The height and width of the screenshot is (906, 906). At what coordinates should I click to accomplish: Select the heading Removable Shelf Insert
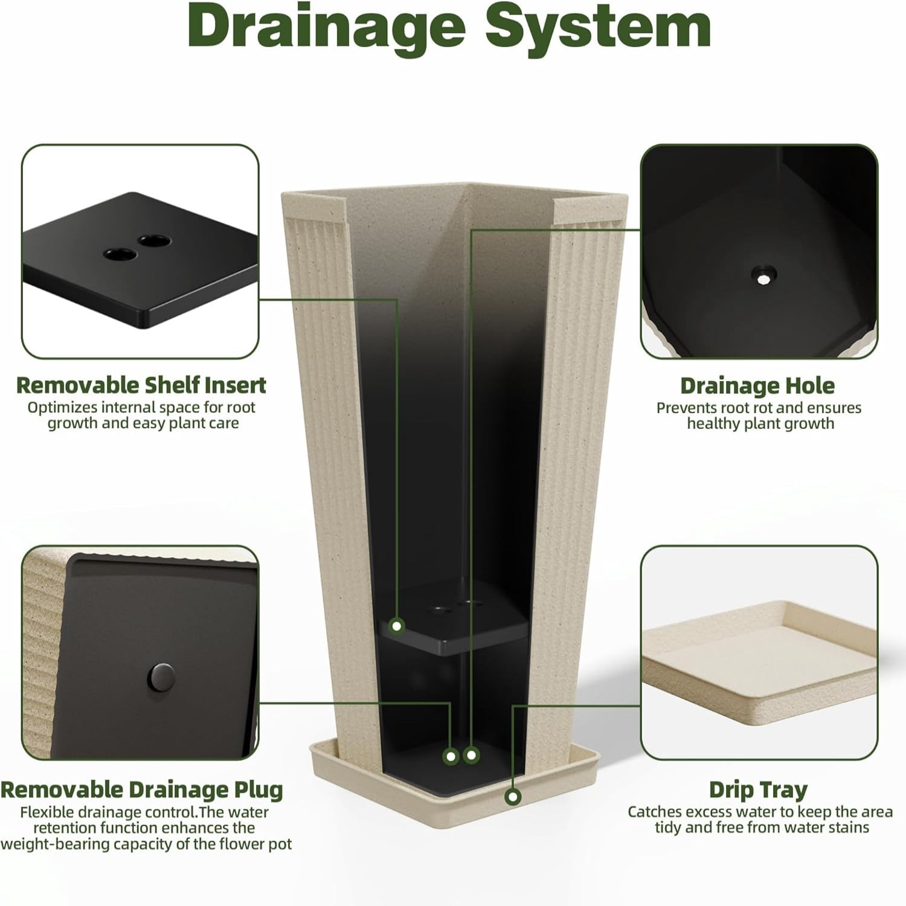(141, 385)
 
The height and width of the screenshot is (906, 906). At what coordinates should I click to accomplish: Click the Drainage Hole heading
(757, 386)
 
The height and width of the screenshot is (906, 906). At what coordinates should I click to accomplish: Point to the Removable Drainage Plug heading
(141, 789)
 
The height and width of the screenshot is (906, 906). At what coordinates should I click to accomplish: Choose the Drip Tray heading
(758, 789)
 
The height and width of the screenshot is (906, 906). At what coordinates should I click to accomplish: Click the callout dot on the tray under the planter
(513, 797)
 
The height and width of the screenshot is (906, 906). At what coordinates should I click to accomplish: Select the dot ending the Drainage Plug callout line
(451, 756)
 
